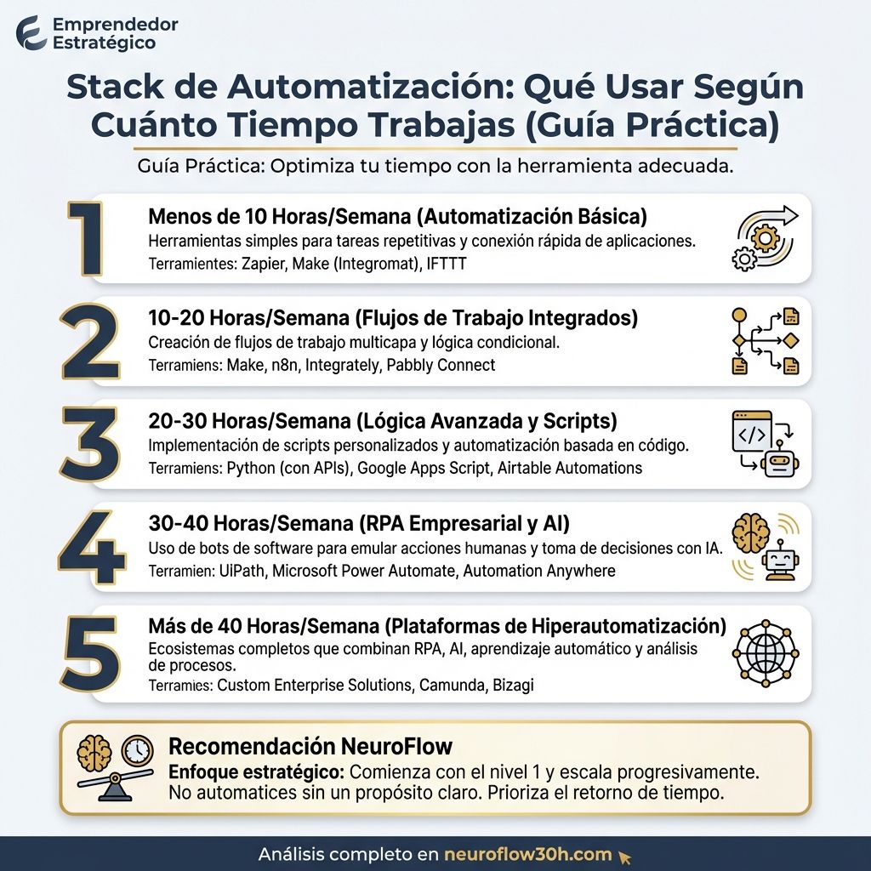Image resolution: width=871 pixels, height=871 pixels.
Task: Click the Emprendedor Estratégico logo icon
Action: pyautogui.click(x=31, y=32)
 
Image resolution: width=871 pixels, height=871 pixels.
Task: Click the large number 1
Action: pyautogui.click(x=88, y=240)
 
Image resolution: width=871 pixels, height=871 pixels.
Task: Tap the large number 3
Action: pyautogui.click(x=89, y=444)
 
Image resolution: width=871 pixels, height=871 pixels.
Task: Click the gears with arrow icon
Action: pyautogui.click(x=766, y=238)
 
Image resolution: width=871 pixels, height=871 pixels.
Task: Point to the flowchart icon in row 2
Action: pyautogui.click(x=766, y=341)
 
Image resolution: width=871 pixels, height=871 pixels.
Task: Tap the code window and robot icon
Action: pyautogui.click(x=766, y=444)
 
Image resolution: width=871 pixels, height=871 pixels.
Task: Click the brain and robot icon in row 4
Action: pyautogui.click(x=766, y=547)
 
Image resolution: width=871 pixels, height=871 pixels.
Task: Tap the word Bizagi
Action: pyautogui.click(x=513, y=686)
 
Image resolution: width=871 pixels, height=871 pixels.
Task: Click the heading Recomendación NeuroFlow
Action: pyautogui.click(x=310, y=747)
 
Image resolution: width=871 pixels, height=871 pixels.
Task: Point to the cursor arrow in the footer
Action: pyautogui.click(x=625, y=857)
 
